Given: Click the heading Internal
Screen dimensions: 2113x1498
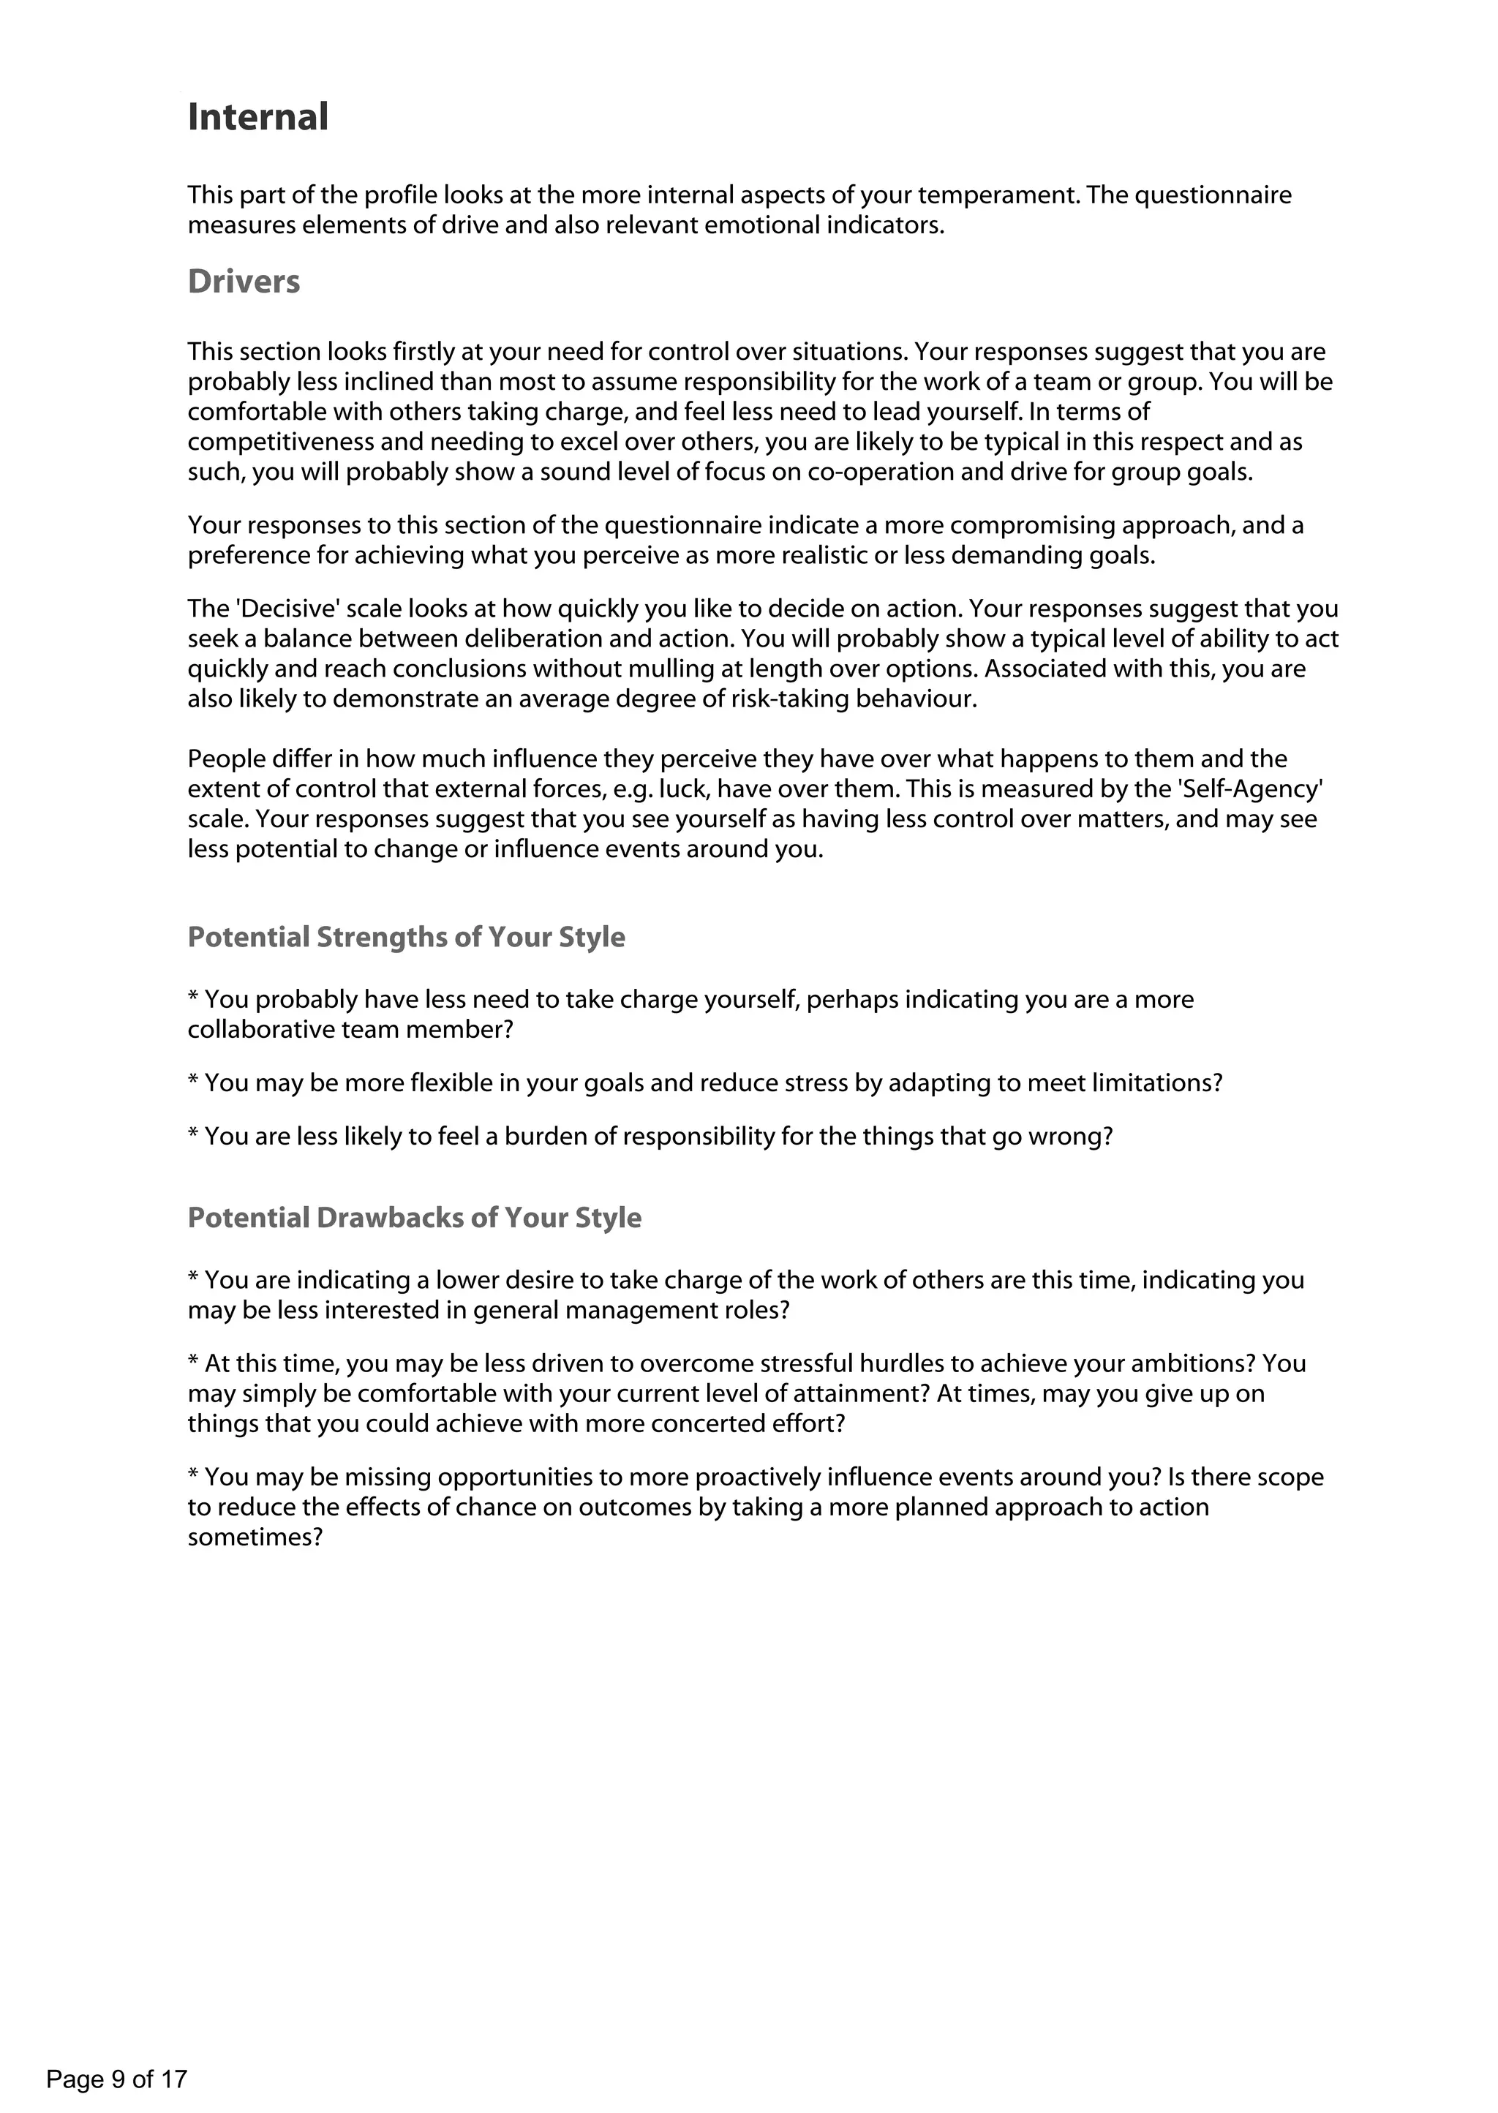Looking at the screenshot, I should coord(257,117).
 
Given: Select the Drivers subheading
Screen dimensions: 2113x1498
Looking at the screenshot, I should coord(244,282).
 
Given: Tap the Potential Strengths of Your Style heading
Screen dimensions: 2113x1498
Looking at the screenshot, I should coord(406,937).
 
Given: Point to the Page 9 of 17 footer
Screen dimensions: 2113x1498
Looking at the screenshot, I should coord(116,2079).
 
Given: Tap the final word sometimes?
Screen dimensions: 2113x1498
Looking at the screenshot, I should coord(255,1537).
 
